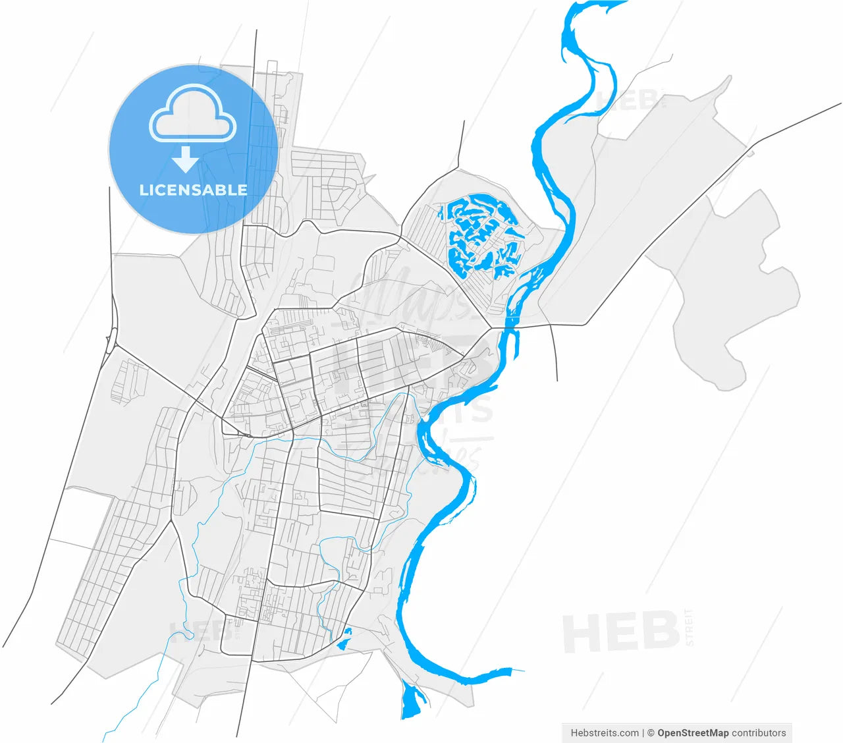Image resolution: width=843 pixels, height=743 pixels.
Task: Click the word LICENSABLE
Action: tap(194, 190)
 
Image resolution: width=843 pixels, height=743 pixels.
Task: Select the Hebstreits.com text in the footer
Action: tap(605, 732)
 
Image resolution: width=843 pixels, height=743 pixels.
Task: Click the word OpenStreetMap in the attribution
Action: tap(693, 732)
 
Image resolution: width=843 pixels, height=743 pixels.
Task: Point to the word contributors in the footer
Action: tap(759, 732)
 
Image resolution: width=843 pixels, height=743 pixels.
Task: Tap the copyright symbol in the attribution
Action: tap(651, 732)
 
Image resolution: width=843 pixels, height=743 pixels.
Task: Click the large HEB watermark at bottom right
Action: tap(620, 632)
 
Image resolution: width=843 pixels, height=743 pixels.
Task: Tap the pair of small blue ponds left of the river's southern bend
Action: tap(344, 638)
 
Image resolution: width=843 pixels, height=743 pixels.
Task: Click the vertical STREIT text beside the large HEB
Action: tap(690, 627)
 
